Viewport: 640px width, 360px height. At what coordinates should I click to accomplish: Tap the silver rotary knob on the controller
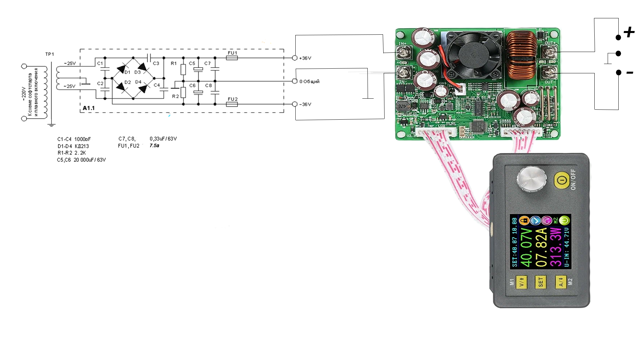click(x=531, y=180)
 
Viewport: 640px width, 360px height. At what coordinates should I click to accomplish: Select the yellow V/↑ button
click(x=521, y=282)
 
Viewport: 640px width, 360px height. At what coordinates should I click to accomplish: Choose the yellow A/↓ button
click(x=561, y=282)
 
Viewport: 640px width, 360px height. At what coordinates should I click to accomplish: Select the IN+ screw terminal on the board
click(x=404, y=53)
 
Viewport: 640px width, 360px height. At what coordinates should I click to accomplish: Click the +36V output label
click(x=305, y=58)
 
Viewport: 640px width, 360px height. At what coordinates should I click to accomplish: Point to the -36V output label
click(x=305, y=104)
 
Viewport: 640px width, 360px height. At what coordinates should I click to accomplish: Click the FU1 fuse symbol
click(x=232, y=58)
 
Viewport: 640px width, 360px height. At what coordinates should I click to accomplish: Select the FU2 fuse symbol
click(x=232, y=104)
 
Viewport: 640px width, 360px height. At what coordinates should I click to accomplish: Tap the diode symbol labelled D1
click(x=121, y=69)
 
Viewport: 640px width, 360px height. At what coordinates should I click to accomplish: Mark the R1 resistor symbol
click(x=183, y=69)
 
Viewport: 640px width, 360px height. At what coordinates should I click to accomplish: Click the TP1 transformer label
click(x=50, y=54)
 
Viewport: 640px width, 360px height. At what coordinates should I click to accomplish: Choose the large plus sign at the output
click(x=629, y=32)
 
